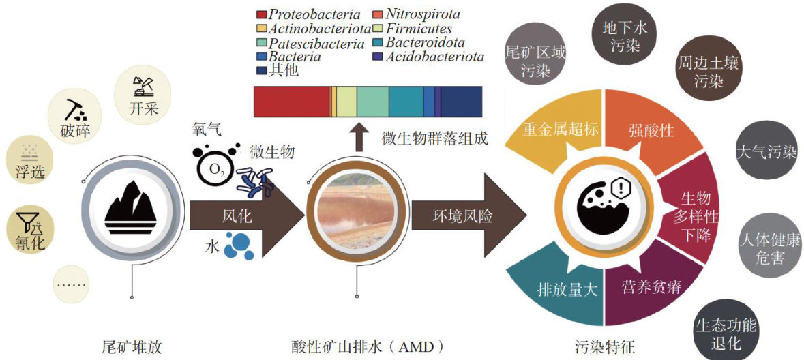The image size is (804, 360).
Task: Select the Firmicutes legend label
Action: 418,29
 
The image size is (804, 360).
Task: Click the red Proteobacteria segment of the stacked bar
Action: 291,104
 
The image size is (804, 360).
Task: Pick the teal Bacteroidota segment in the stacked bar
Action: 406,104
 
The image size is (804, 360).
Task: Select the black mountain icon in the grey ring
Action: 131,207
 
